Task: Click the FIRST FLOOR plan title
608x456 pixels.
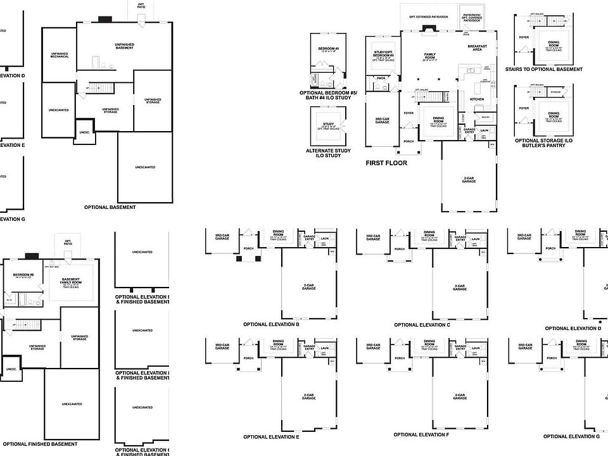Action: [386, 163]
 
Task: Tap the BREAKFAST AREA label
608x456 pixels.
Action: [478, 47]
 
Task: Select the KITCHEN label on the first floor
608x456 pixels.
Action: [477, 99]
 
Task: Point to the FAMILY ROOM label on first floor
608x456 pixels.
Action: [431, 56]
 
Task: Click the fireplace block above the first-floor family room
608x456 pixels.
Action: [429, 28]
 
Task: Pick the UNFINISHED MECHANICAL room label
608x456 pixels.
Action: [60, 54]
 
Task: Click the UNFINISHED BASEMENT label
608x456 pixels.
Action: [124, 46]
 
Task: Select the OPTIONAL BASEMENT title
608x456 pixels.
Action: [110, 207]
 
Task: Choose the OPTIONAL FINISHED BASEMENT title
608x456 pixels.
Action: [39, 444]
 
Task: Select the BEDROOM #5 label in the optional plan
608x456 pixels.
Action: [328, 48]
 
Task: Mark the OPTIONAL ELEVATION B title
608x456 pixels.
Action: [271, 324]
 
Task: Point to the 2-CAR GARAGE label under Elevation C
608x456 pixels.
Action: [460, 287]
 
